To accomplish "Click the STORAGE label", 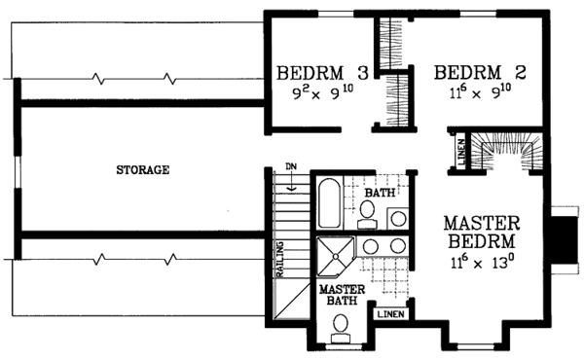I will click(x=143, y=170).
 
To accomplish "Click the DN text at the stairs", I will click(x=290, y=165).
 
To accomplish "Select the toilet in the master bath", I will click(x=341, y=337).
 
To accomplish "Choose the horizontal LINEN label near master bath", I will click(x=390, y=315).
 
